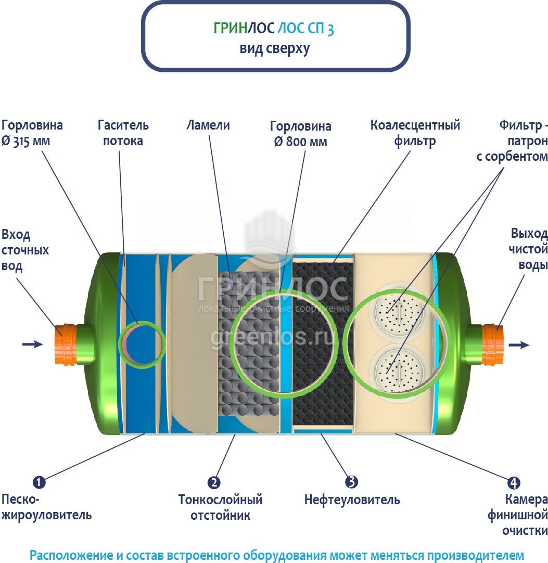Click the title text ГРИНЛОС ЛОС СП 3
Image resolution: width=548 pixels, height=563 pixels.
pyautogui.click(x=274, y=29)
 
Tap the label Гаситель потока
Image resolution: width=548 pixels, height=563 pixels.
pyautogui.click(x=123, y=133)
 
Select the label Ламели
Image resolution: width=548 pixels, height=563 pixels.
pyautogui.click(x=208, y=125)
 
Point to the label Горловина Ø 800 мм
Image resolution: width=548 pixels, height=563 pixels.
pyautogui.click(x=301, y=134)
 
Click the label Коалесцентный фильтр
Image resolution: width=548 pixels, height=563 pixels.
pyautogui.click(x=415, y=133)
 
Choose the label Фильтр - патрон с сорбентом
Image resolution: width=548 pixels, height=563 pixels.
pyautogui.click(x=513, y=140)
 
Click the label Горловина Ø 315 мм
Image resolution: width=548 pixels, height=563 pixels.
pyautogui.click(x=32, y=133)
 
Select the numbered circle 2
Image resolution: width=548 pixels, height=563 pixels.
pyautogui.click(x=214, y=482)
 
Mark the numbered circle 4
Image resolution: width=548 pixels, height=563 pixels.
pyautogui.click(x=514, y=482)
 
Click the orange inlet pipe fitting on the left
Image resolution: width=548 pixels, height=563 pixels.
pyautogui.click(x=67, y=344)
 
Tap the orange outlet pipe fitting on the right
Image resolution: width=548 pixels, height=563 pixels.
pyautogui.click(x=491, y=344)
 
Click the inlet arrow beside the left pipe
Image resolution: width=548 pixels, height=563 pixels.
pyautogui.click(x=32, y=344)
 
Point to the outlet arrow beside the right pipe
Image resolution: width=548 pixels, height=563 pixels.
pyautogui.click(x=519, y=344)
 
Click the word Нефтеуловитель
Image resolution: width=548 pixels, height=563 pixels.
pyautogui.click(x=352, y=500)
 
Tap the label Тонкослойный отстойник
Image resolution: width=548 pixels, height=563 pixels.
pyautogui.click(x=220, y=507)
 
